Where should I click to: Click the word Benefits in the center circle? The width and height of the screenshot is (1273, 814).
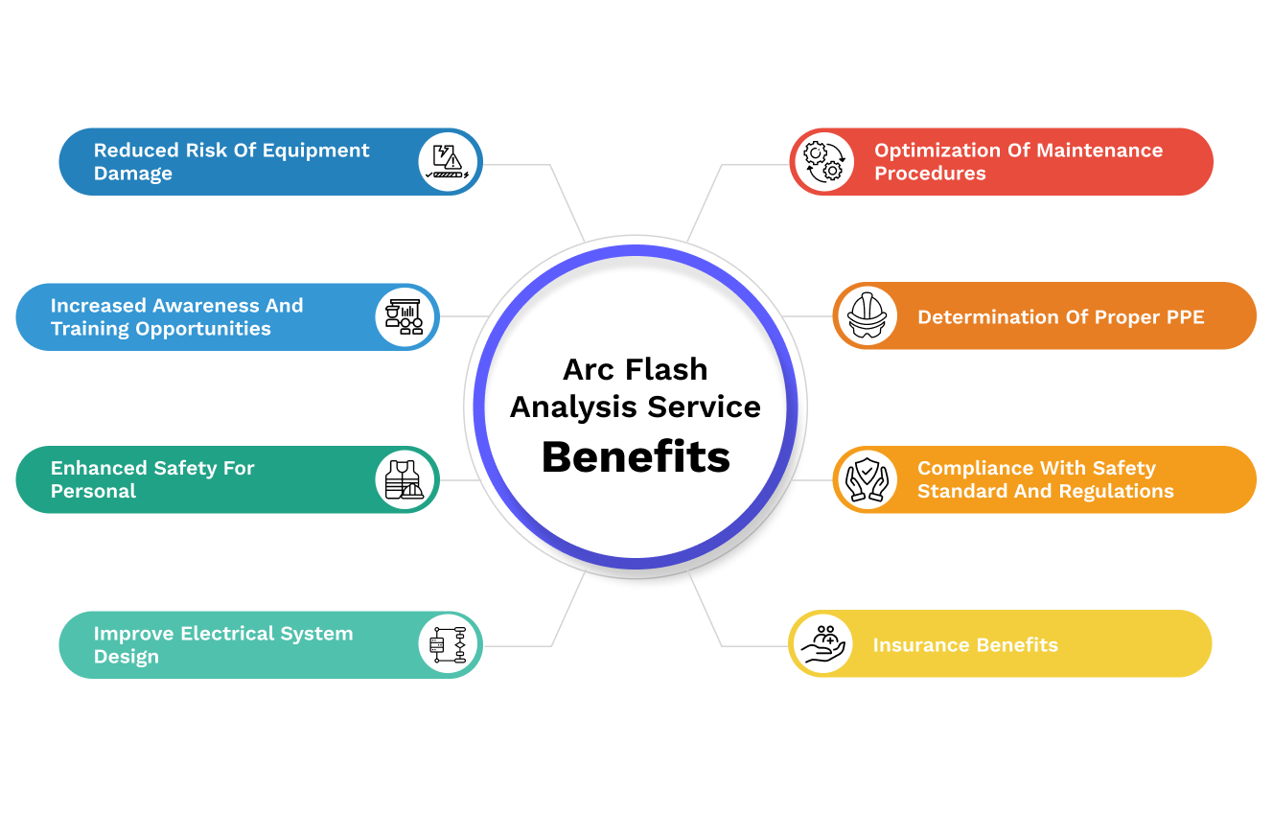636,457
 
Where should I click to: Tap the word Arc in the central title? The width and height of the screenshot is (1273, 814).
587,369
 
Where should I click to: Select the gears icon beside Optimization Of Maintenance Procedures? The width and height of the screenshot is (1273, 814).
822,161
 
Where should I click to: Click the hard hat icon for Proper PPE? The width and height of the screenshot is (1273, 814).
866,315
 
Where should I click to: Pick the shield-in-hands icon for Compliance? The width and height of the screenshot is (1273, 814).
866,479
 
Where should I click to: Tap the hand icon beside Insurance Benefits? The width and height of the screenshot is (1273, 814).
822,644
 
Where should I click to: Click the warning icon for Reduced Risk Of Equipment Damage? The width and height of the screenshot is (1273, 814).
449,161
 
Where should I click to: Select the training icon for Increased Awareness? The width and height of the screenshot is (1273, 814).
405,315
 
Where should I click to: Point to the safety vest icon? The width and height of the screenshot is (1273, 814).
405,479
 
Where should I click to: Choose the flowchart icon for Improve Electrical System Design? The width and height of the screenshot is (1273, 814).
449,644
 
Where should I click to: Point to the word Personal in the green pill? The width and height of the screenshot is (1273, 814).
93,491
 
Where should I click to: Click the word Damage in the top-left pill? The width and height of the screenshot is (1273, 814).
132,174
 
